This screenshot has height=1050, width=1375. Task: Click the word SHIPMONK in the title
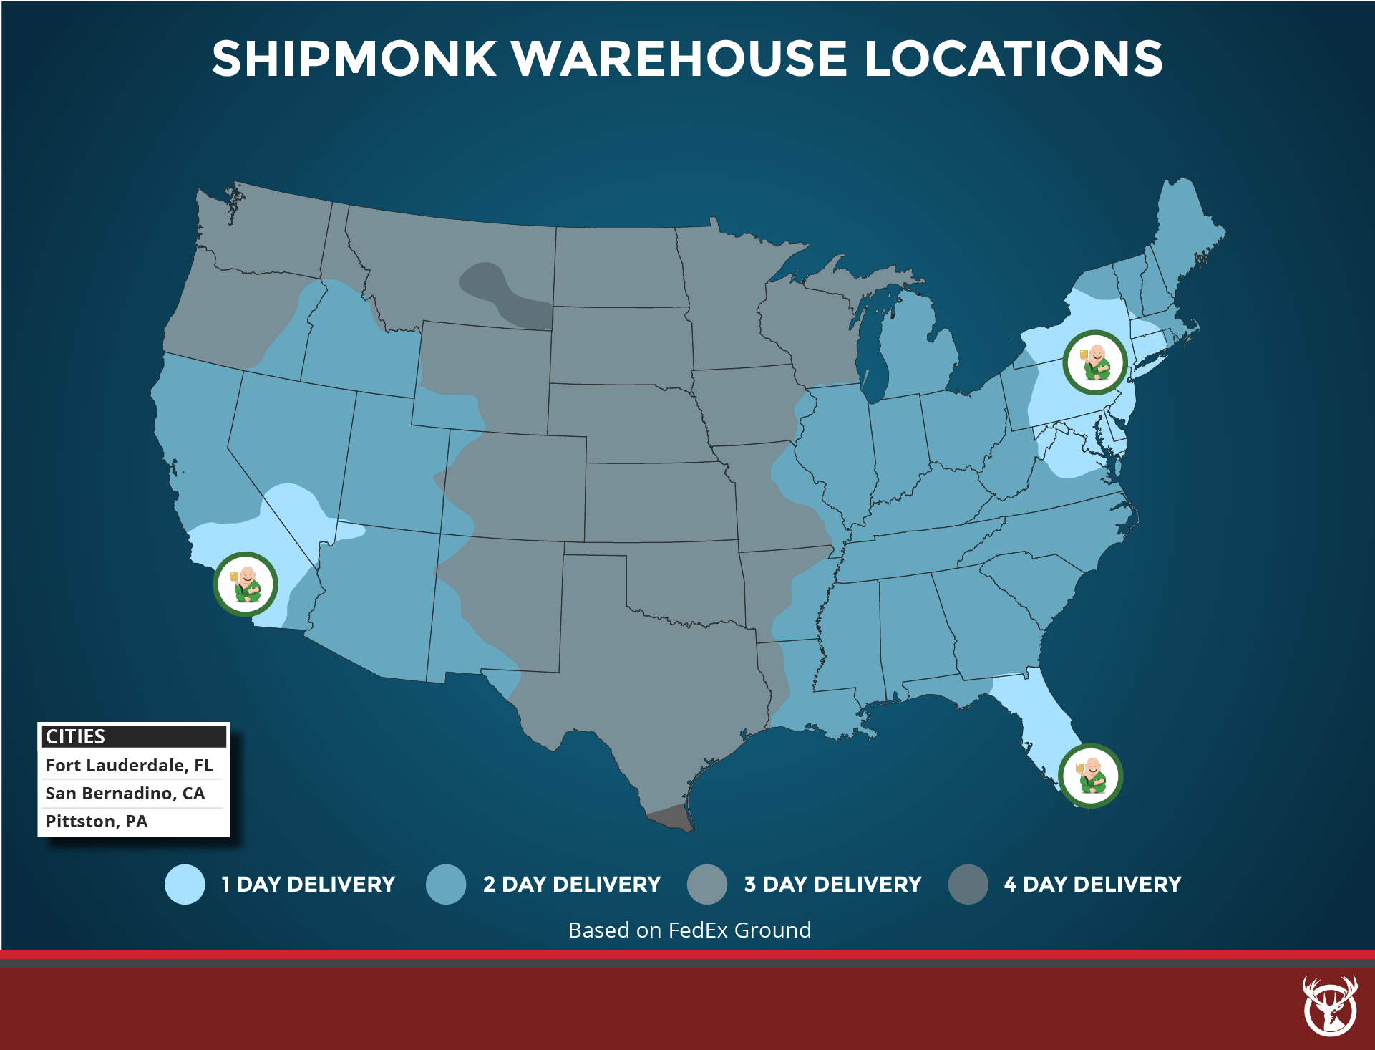tap(354, 59)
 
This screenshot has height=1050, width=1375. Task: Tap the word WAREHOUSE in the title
tap(680, 59)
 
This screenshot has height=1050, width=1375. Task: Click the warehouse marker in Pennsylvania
tap(1094, 362)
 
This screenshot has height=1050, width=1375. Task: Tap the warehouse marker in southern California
tap(246, 584)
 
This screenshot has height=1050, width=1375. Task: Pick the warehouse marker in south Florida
tap(1090, 776)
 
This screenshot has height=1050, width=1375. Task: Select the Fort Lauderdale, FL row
tap(130, 765)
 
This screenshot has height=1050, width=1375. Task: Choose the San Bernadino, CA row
tap(125, 793)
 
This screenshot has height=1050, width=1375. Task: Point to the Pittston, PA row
tap(97, 821)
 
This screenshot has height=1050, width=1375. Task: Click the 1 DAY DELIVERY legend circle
tap(185, 885)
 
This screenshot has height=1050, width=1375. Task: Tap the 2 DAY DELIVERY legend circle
tap(446, 885)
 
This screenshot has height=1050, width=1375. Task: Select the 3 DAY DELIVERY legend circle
tap(707, 885)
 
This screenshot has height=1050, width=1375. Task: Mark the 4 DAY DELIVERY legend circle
tap(968, 885)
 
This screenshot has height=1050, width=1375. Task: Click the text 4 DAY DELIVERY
tap(1092, 885)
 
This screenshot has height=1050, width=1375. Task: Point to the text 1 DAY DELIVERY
tap(308, 885)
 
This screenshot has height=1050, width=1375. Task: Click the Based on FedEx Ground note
tap(689, 930)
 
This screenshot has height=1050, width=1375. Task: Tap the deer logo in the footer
tap(1330, 1006)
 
